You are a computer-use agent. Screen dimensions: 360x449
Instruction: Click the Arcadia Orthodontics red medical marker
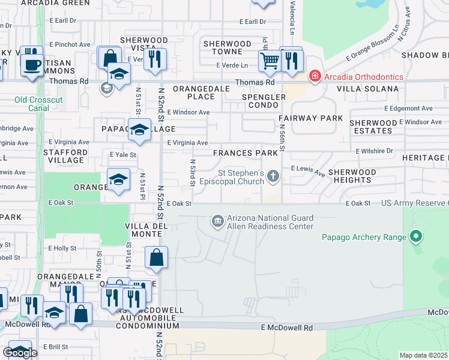(314, 76)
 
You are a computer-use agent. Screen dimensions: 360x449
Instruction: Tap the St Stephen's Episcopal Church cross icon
(274, 176)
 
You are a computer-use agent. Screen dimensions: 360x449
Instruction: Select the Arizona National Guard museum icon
(217, 222)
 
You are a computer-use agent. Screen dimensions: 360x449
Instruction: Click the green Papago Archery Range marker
(415, 237)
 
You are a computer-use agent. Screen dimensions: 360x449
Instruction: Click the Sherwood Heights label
(352, 176)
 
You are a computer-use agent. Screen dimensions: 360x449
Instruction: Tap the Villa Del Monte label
(144, 230)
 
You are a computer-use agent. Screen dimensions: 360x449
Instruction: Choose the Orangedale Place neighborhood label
(193, 92)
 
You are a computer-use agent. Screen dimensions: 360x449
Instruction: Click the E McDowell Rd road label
(287, 328)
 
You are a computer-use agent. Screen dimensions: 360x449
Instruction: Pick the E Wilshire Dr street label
(374, 151)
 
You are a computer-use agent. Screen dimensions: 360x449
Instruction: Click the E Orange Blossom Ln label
(373, 43)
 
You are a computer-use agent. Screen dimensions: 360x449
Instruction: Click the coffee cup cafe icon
(32, 64)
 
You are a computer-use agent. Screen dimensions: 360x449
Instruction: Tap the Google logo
(20, 352)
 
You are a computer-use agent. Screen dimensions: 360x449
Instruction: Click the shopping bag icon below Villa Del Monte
(156, 257)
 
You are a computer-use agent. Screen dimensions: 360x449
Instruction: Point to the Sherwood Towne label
(227, 48)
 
